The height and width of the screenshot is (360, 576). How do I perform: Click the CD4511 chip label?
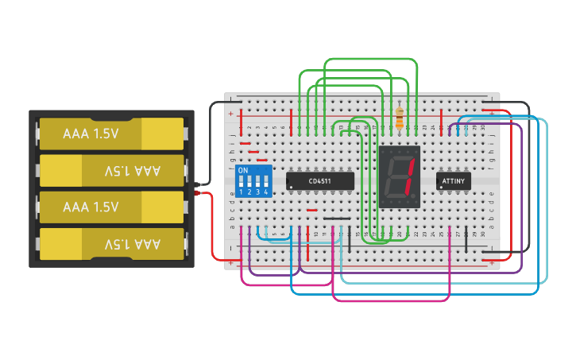click(319, 182)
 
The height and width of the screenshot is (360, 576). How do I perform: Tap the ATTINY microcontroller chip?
click(454, 182)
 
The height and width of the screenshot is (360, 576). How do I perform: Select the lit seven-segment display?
click(399, 176)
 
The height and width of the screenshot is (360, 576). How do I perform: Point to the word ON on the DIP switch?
click(243, 171)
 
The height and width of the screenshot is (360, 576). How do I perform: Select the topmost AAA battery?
click(111, 134)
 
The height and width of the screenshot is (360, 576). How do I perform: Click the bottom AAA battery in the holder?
click(111, 244)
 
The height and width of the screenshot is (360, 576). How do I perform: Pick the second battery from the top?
click(111, 170)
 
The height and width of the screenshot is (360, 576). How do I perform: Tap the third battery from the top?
click(111, 207)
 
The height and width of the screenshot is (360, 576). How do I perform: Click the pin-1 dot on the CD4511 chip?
click(292, 188)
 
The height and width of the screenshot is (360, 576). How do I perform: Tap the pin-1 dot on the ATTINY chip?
click(441, 188)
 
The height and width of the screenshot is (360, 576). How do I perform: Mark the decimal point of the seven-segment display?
click(415, 197)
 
